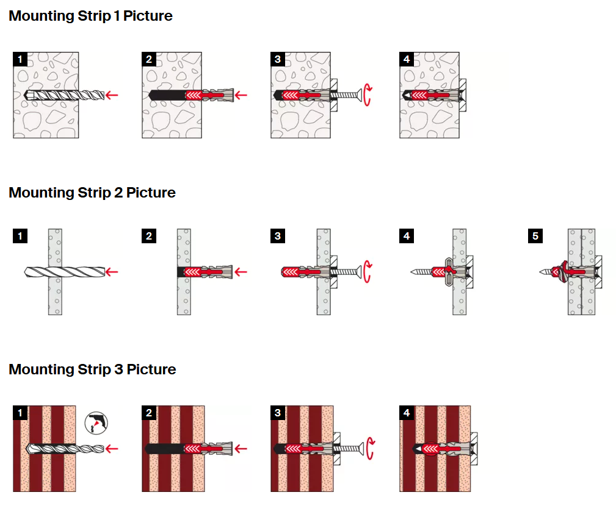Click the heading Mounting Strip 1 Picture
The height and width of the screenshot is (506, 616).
pos(90,16)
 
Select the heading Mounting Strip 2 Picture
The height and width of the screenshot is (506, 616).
pos(92,193)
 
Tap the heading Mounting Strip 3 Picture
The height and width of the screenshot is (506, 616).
pos(92,369)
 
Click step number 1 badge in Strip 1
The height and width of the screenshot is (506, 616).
pos(20,59)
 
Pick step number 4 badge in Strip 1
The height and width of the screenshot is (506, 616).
pos(407,59)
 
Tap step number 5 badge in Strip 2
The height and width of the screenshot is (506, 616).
pos(535,236)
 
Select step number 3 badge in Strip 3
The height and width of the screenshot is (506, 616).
pos(278,413)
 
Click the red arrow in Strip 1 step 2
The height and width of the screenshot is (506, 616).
pos(241,94)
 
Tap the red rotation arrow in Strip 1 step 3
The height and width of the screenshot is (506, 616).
pos(368,95)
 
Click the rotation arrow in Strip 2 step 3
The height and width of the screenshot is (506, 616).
pos(368,272)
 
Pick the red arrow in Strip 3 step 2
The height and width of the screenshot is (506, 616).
pos(241,449)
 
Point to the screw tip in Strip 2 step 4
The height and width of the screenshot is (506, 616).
pos(415,271)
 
